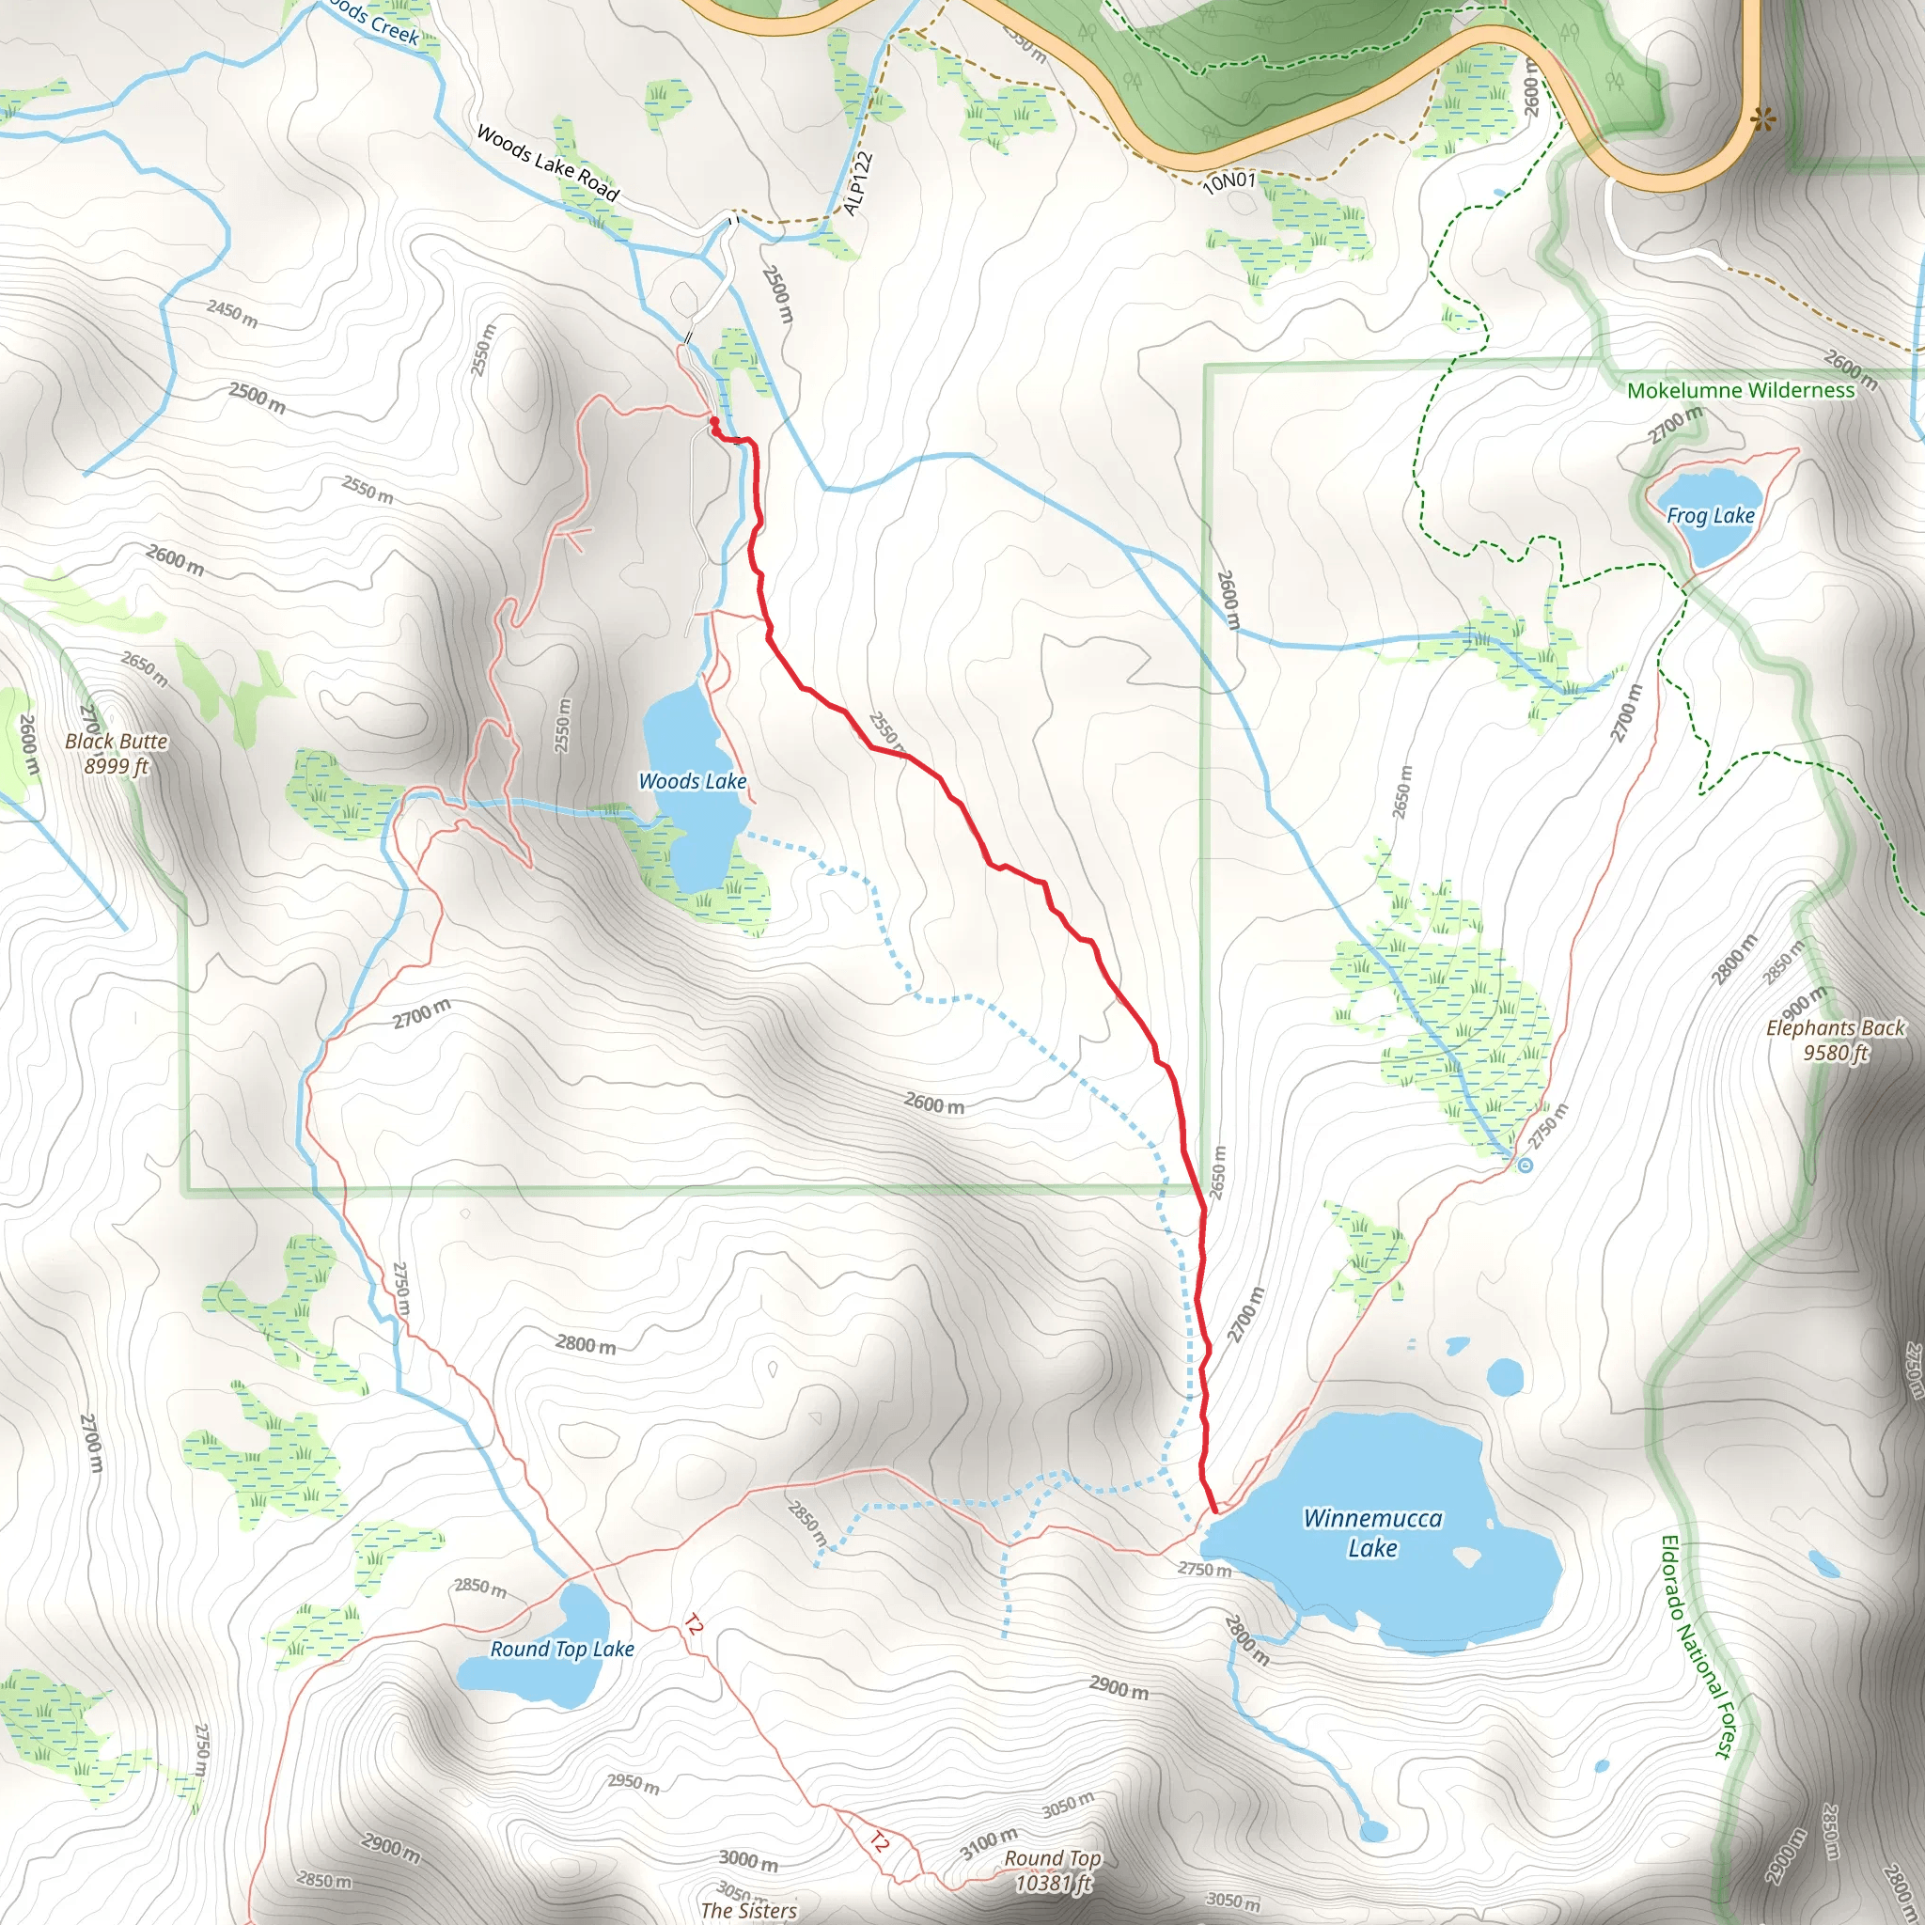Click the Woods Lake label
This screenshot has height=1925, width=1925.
click(x=693, y=781)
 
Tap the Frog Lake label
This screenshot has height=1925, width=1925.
click(x=1710, y=515)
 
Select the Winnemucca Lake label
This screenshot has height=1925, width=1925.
click(x=1372, y=1532)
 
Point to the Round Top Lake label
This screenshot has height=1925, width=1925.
click(x=562, y=1649)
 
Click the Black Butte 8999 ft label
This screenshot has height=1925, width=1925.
click(x=116, y=753)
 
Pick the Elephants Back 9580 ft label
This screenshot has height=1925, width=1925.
click(x=1835, y=1040)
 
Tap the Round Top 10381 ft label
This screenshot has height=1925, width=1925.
click(x=1052, y=1870)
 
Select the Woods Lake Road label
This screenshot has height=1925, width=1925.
click(x=547, y=163)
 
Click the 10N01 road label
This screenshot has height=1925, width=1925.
click(x=1229, y=181)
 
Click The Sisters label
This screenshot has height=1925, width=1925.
click(x=748, y=1910)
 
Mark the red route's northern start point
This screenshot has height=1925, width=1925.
click(x=714, y=422)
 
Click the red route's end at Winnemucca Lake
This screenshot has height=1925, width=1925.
click(x=1214, y=1511)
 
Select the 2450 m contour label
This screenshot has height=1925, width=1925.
click(x=232, y=313)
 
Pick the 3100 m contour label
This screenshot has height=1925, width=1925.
click(x=989, y=1842)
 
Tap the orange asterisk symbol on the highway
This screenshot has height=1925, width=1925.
click(x=1762, y=120)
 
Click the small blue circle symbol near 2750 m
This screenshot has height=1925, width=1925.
click(x=1525, y=1165)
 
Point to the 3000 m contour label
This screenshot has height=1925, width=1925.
click(x=748, y=1859)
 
